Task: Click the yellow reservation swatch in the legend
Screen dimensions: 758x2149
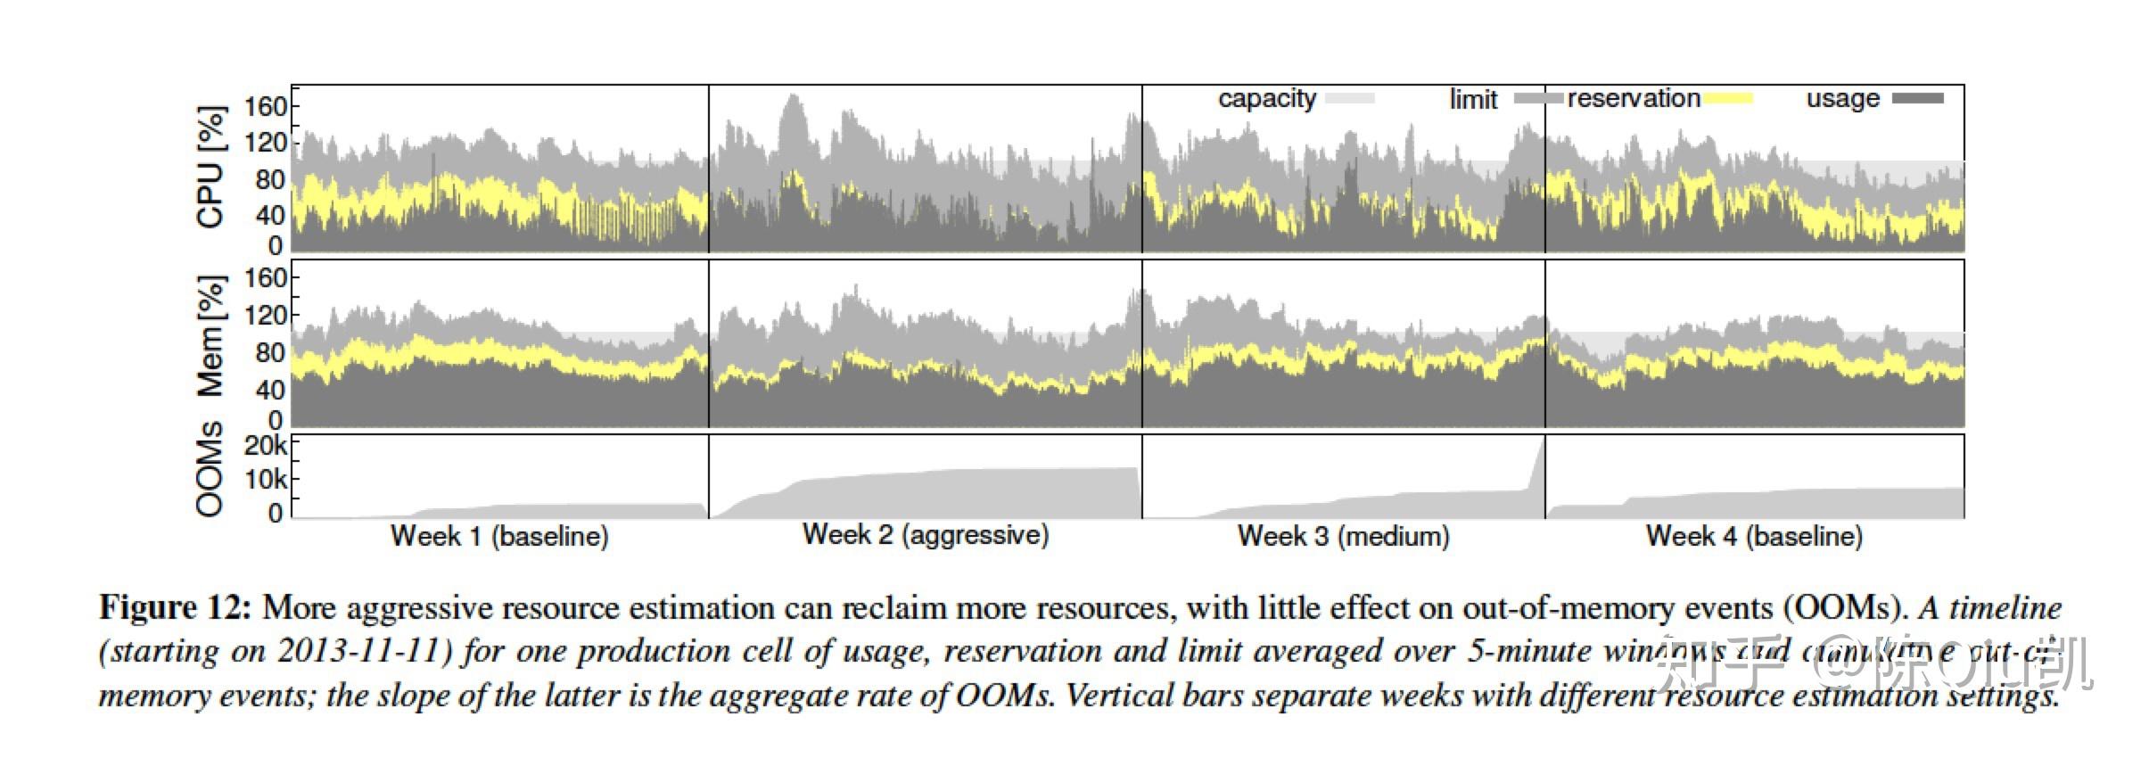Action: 1727,99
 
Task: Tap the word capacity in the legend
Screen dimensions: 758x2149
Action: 1266,99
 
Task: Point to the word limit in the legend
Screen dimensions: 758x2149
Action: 1473,100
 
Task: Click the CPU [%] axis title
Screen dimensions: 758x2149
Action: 211,168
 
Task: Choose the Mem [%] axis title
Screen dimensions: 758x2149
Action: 211,336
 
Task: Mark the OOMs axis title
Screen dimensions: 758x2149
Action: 210,469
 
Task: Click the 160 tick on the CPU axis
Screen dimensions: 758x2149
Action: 267,107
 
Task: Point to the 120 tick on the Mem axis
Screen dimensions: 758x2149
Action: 267,315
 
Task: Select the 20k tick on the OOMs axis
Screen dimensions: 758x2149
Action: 266,445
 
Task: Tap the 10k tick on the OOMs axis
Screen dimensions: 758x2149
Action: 266,480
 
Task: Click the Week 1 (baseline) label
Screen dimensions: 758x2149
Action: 499,537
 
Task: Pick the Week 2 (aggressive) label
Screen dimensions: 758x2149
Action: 926,535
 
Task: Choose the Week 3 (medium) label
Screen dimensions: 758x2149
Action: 1344,537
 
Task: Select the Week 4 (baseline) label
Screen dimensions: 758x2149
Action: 1754,537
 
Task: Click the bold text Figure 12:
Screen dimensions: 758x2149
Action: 175,608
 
